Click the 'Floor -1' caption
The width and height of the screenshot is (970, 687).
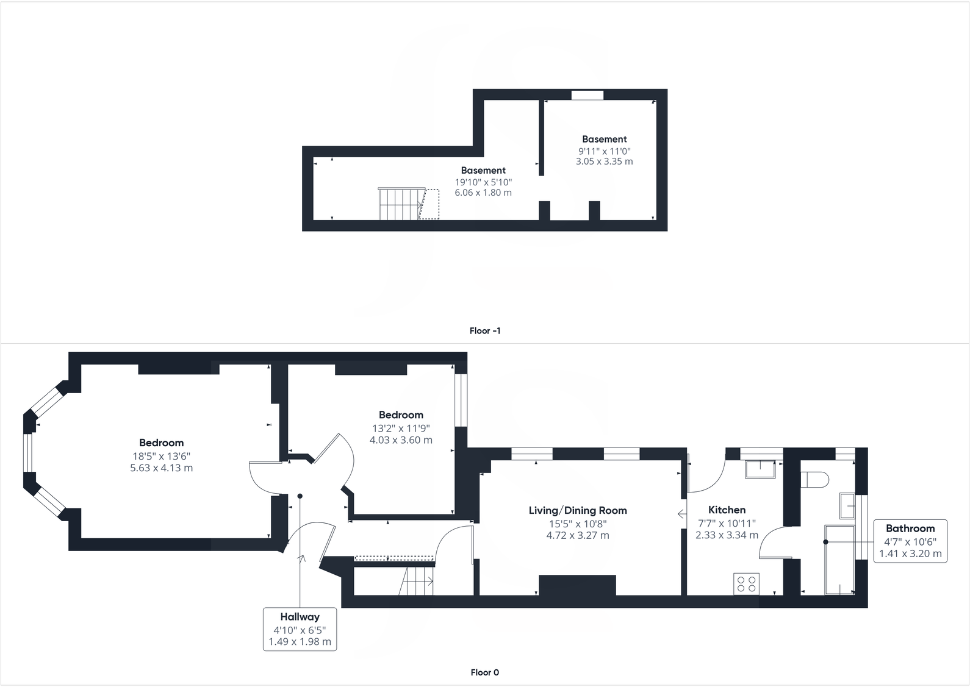tap(485, 331)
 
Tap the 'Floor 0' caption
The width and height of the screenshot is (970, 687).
tap(485, 673)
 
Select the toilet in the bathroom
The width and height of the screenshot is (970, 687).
tap(814, 480)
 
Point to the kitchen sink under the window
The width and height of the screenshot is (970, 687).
tap(760, 469)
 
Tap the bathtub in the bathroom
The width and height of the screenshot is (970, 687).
tap(839, 560)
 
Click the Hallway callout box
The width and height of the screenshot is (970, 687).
tap(300, 629)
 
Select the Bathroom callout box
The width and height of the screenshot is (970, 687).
tap(910, 541)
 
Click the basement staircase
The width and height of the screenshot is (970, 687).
tap(401, 204)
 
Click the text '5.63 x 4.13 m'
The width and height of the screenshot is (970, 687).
tap(161, 468)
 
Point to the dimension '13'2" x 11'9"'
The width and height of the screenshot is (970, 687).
tap(401, 428)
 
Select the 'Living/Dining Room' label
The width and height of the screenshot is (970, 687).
tap(577, 510)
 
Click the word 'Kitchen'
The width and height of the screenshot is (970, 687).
tap(727, 510)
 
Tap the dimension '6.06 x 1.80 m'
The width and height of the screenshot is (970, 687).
tap(483, 193)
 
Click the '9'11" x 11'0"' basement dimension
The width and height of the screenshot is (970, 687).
tap(604, 151)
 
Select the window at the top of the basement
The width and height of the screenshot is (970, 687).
tap(587, 95)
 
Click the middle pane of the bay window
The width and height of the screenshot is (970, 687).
tap(27, 452)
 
